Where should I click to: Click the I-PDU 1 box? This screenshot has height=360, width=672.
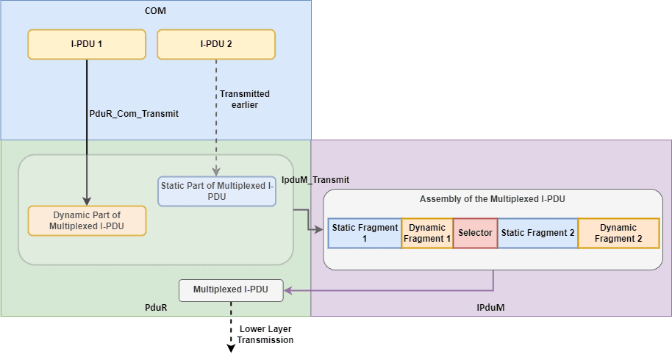click(x=87, y=44)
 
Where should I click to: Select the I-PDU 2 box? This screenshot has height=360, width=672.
click(x=216, y=44)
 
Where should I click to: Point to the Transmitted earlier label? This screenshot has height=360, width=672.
click(x=244, y=99)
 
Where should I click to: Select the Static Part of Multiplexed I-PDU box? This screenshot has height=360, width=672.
click(x=217, y=191)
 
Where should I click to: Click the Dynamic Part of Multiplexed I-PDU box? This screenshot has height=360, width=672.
click(x=87, y=220)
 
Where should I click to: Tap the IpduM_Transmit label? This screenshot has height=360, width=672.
click(x=316, y=179)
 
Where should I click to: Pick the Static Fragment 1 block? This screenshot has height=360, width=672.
click(x=364, y=233)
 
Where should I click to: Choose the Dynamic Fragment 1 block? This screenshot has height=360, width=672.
click(x=427, y=233)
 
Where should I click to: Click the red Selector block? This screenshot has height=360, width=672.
click(x=475, y=233)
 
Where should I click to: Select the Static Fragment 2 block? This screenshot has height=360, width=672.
click(x=537, y=233)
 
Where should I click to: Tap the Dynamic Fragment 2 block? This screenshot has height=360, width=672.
click(x=618, y=233)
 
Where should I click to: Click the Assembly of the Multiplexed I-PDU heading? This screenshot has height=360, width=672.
click(x=493, y=199)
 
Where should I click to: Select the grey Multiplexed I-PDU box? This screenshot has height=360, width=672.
click(x=231, y=290)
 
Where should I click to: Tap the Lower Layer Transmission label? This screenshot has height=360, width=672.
click(x=265, y=334)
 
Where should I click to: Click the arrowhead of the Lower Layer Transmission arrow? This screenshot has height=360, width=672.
click(x=231, y=348)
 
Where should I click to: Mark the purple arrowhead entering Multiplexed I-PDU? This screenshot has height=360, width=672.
click(x=288, y=291)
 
